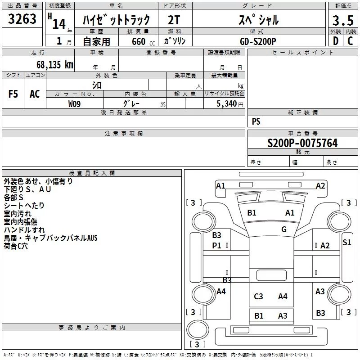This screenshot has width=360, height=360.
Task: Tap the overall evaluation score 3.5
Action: (343, 20)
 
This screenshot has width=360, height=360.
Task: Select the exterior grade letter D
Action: (335, 41)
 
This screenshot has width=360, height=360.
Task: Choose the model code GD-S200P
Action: (258, 41)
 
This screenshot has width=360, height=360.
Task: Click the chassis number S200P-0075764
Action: (302, 143)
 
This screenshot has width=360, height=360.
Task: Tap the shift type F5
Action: (13, 94)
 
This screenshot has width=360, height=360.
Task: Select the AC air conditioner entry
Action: (35, 94)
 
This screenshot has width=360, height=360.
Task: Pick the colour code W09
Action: (75, 104)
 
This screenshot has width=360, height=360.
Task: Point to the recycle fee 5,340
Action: (227, 104)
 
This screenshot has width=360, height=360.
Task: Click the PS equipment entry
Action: (256, 121)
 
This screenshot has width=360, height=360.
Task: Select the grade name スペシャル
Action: (258, 20)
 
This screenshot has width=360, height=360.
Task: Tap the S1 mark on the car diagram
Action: (346, 243)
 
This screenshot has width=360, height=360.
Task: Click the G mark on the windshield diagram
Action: (284, 229)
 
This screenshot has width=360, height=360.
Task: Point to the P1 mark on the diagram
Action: (217, 245)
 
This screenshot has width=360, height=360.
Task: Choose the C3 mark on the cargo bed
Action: (258, 296)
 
